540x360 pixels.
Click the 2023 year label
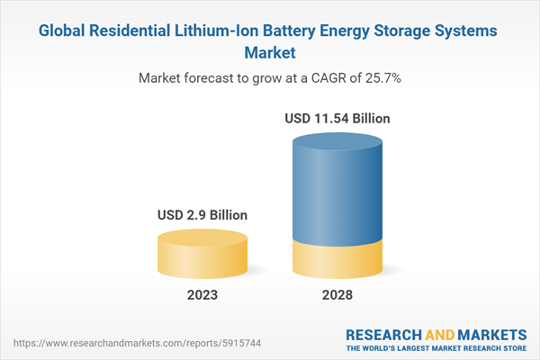point(202,295)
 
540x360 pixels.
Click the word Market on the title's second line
point(269,52)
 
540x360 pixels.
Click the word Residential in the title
point(136,31)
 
